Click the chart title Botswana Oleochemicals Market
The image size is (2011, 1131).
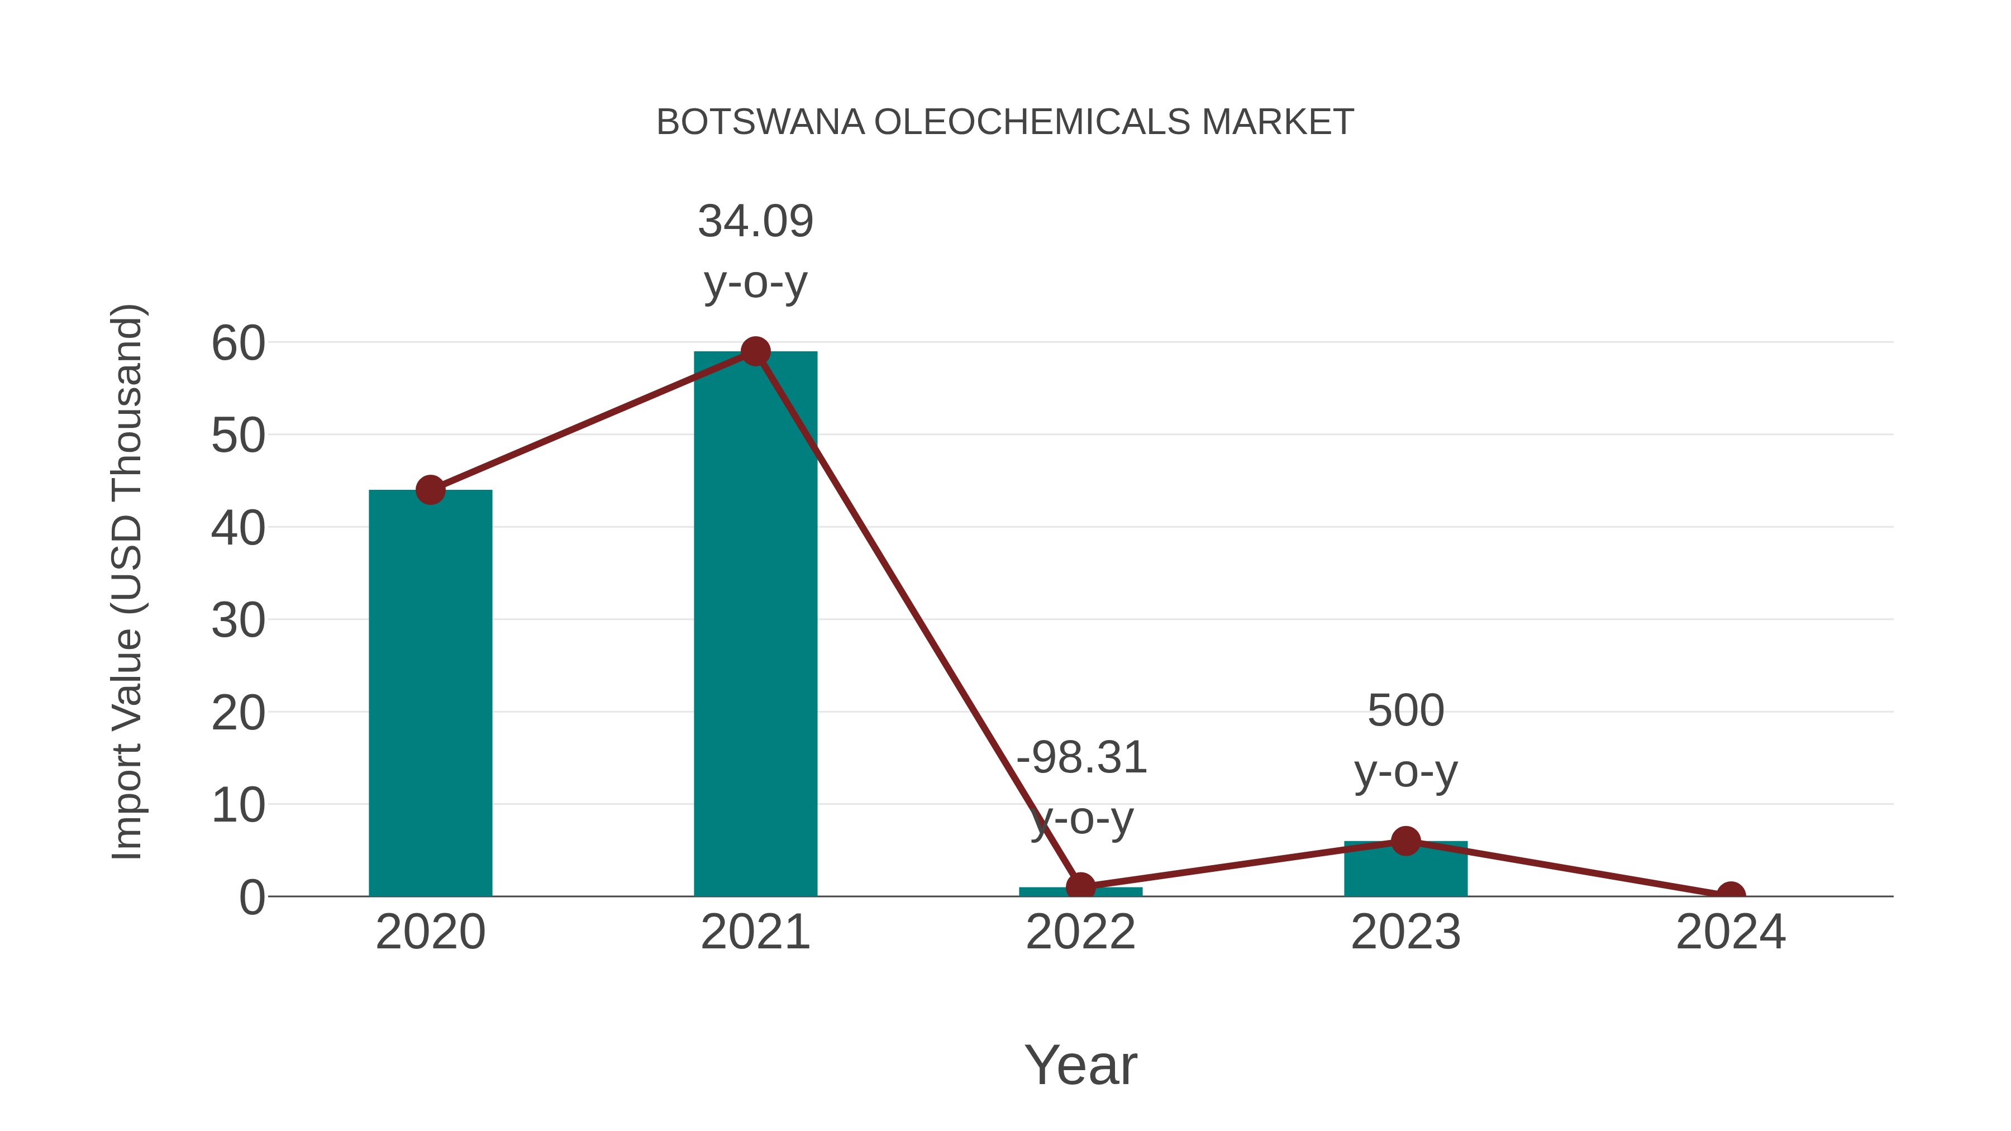tap(1005, 122)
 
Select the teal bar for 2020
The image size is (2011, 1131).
tap(430, 695)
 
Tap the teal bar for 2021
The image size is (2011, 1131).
tap(755, 624)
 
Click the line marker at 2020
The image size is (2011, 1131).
tap(430, 490)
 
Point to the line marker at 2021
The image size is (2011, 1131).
tap(755, 352)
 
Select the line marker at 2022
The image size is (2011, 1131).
tap(1080, 887)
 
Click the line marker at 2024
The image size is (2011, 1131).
tap(1731, 895)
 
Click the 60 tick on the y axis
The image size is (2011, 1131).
tap(238, 343)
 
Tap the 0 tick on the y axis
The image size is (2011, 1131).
tap(251, 898)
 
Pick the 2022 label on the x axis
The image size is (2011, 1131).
tap(1080, 932)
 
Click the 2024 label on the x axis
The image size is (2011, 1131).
tap(1731, 932)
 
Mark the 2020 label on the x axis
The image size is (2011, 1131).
tap(430, 932)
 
